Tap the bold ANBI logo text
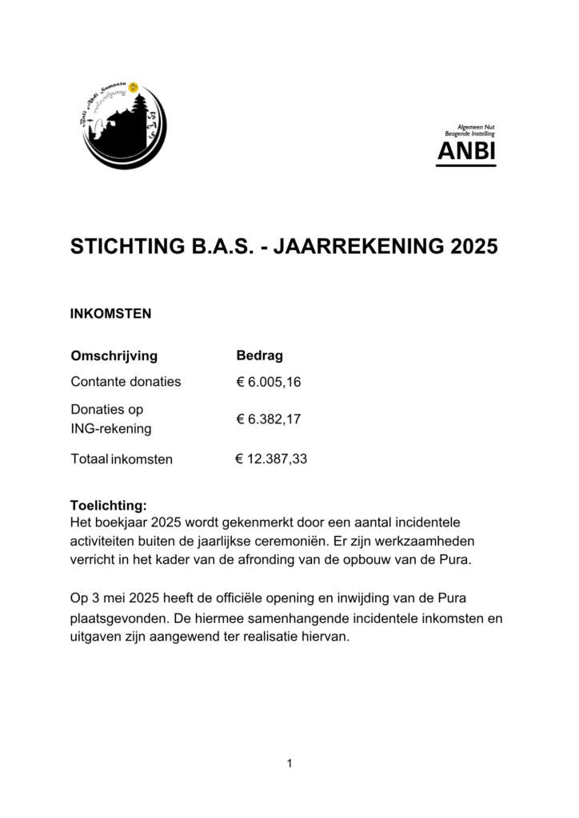tap(466, 151)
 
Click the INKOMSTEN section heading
tap(110, 314)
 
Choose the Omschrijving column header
tap(114, 356)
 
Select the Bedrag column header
tap(259, 356)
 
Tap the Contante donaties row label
tap(126, 382)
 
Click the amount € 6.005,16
tap(268, 382)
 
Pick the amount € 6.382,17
tap(268, 419)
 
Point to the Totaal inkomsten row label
tap(122, 459)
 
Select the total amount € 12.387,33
tap(271, 459)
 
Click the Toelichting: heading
tap(109, 506)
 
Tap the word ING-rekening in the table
tap(111, 430)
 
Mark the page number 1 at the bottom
tap(289, 764)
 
